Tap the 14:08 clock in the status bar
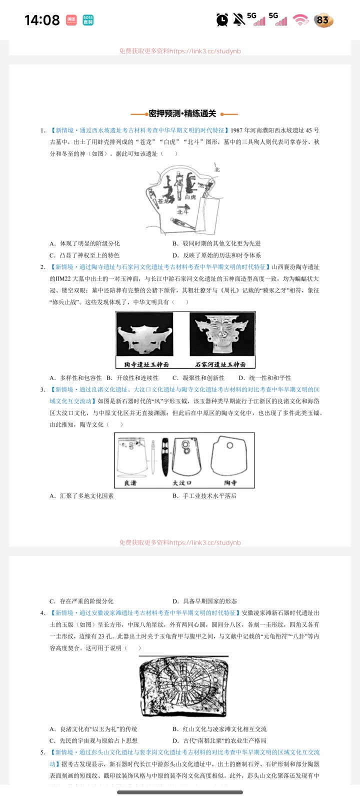pyautogui.click(x=42, y=20)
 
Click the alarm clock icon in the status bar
pyautogui.click(x=222, y=20)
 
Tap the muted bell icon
pyautogui.click(x=239, y=19)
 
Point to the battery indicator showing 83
pyautogui.click(x=323, y=20)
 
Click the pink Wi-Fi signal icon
pyautogui.click(x=300, y=20)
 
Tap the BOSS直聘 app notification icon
pyautogui.click(x=88, y=20)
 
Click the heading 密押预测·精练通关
pyautogui.click(x=183, y=113)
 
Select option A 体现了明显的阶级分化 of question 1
pyautogui.click(x=85, y=243)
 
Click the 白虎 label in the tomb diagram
pyautogui.click(x=190, y=197)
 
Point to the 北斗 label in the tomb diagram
pyautogui.click(x=182, y=211)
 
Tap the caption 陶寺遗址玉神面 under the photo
pyautogui.click(x=146, y=364)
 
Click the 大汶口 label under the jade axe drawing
pyautogui.click(x=182, y=482)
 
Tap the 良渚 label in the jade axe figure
pyautogui.click(x=130, y=482)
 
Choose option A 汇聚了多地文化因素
pyautogui.click(x=82, y=496)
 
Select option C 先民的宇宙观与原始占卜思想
pyautogui.click(x=93, y=740)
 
